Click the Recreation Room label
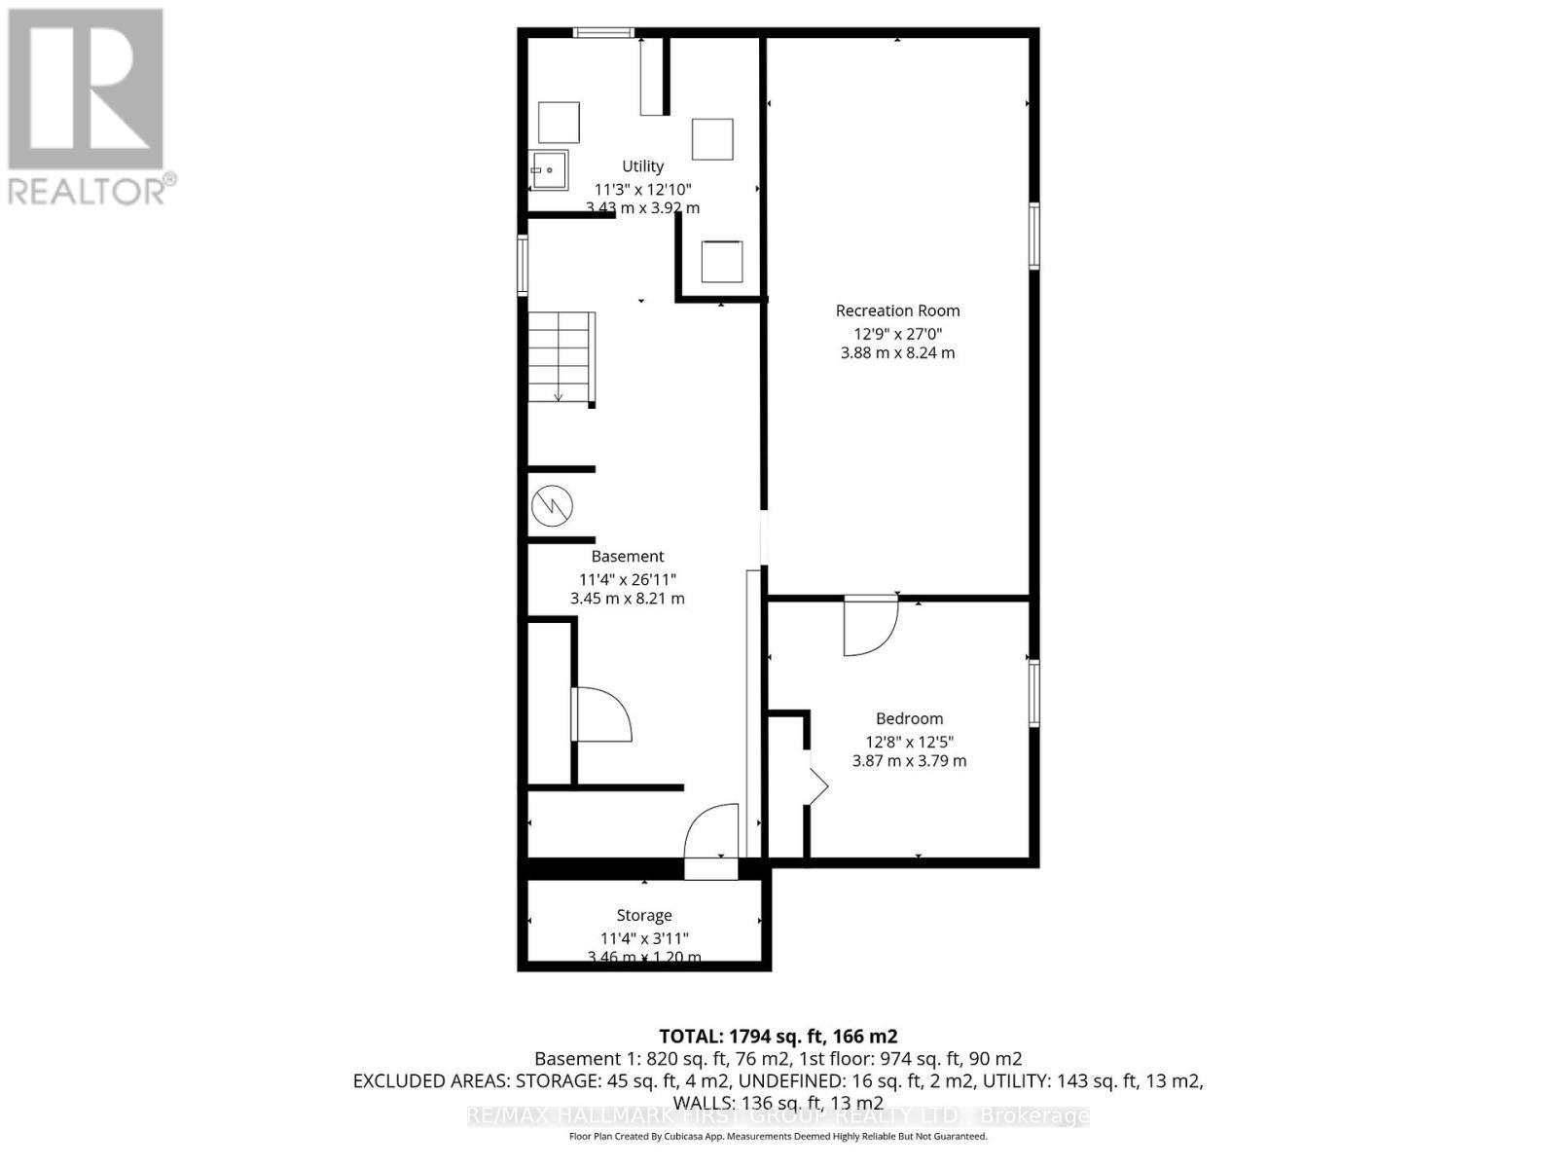897,310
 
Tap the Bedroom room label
909,718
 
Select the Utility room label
642,166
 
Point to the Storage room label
643,915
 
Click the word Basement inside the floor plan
628,556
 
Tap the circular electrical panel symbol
552,506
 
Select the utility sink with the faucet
549,171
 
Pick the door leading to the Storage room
711,839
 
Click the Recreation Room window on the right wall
1034,236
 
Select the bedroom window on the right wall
1034,693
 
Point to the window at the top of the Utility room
603,33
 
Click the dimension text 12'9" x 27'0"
897,333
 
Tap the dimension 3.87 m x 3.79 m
909,761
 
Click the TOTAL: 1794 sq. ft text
778,1037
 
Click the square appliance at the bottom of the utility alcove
721,261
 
